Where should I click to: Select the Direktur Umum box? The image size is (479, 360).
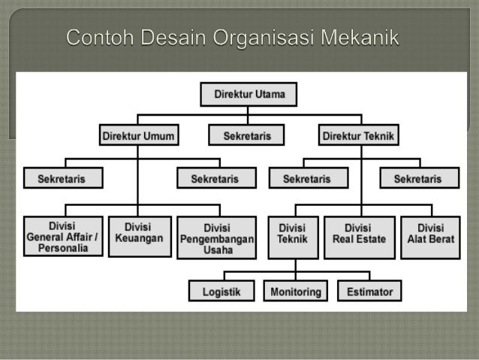coord(137,136)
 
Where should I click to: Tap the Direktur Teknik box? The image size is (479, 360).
coord(360,136)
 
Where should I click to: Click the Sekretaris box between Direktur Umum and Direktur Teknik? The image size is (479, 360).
coord(247,136)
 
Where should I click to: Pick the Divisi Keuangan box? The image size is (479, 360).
coord(139,235)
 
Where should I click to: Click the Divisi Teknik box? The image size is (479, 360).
coord(293,235)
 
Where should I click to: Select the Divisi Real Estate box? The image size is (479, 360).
coord(360,235)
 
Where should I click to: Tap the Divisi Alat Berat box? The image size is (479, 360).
coord(429,235)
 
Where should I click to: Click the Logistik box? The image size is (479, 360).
coord(222,292)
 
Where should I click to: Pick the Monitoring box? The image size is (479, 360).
coord(296,292)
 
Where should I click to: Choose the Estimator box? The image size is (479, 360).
coord(369,292)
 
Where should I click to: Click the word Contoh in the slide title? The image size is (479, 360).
coord(99,36)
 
